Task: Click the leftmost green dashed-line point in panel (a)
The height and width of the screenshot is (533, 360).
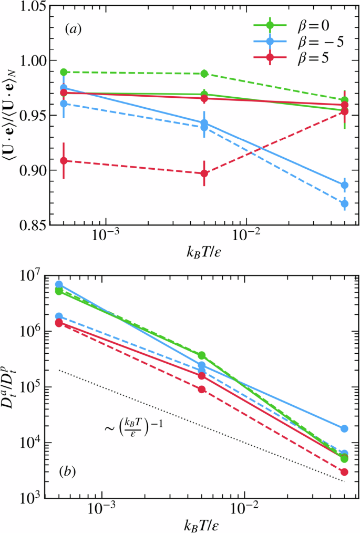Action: coord(64,72)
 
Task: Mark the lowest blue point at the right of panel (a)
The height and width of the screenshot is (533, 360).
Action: coord(344,204)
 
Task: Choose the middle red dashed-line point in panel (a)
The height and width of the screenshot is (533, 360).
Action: coord(204,173)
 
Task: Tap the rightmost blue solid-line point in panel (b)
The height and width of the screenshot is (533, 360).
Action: coord(344,429)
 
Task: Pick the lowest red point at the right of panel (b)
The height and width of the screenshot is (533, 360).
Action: coord(344,472)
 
